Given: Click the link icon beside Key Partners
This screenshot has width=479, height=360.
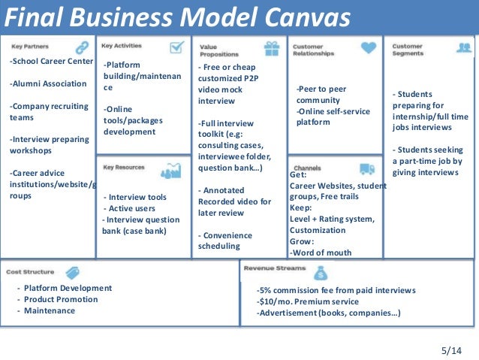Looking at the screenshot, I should click(x=82, y=47).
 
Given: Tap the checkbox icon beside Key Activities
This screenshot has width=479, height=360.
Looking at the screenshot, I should click(x=177, y=47).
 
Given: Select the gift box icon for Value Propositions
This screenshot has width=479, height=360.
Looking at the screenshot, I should click(x=272, y=49).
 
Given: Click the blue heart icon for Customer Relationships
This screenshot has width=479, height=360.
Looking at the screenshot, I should click(x=368, y=47).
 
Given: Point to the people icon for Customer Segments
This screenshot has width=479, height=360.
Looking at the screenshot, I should click(x=464, y=47).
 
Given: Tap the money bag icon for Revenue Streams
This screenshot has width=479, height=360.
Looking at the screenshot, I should click(x=321, y=272).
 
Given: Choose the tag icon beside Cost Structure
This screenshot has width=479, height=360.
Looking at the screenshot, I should click(x=73, y=272).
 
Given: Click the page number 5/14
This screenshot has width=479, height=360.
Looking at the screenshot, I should click(x=453, y=350).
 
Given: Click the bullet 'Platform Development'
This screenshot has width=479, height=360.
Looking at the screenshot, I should click(x=68, y=288).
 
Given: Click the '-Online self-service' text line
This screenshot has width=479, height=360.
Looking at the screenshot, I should click(x=333, y=111).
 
